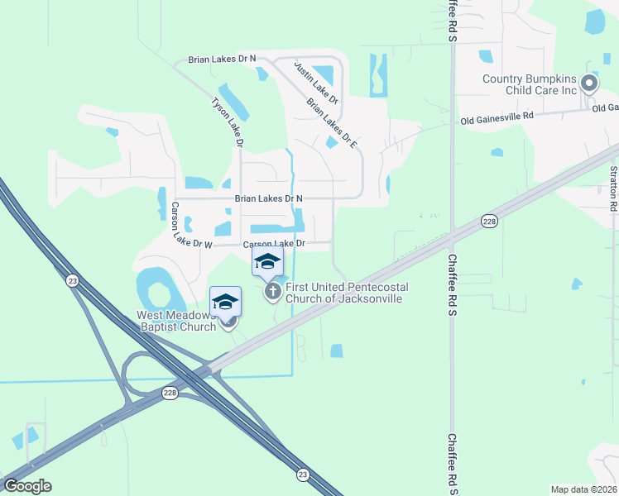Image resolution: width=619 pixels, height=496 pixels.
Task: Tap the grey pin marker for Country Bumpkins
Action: click(x=589, y=83)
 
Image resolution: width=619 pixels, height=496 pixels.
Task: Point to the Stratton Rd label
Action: click(x=613, y=190)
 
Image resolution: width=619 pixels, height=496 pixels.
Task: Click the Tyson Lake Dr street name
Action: click(x=228, y=122)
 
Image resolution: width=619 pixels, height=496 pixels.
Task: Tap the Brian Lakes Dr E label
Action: click(x=331, y=124)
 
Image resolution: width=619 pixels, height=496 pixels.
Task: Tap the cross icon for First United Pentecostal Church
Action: click(x=273, y=291)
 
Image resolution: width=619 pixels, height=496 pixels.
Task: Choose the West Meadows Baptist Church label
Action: click(x=176, y=320)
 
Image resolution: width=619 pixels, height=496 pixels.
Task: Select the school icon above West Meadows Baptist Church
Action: click(x=225, y=302)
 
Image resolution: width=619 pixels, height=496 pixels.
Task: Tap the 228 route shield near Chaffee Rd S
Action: click(x=489, y=221)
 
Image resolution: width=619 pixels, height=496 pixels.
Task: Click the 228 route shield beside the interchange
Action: click(x=170, y=393)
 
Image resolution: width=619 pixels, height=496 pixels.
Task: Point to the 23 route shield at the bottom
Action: click(x=304, y=474)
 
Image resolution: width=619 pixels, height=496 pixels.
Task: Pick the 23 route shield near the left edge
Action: click(x=73, y=282)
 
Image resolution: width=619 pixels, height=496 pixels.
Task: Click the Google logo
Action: click(x=27, y=486)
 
